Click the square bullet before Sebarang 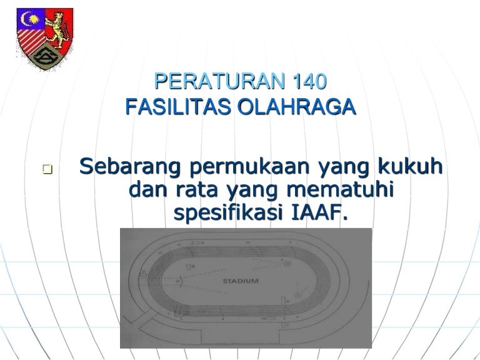tap(47, 169)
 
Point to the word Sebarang tap(130, 167)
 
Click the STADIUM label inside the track tap(241, 281)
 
